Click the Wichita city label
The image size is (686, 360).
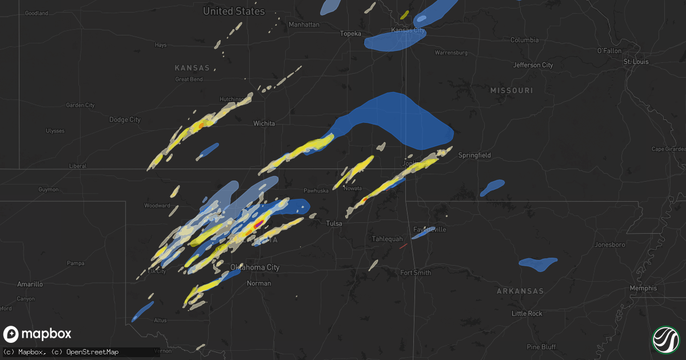click(x=264, y=123)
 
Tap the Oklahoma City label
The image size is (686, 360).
click(x=254, y=267)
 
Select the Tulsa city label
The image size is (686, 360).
click(x=334, y=223)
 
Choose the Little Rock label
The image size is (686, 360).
click(x=527, y=314)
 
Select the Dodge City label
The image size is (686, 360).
click(x=125, y=119)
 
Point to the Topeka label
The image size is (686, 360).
click(x=350, y=34)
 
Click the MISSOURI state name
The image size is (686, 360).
click(x=511, y=91)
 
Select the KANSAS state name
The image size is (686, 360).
click(x=192, y=68)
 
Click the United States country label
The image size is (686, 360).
click(x=234, y=11)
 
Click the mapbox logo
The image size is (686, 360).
click(x=38, y=334)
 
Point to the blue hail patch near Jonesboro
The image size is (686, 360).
click(x=537, y=263)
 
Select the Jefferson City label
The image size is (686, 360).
click(x=533, y=65)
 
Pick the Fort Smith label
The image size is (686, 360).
click(x=416, y=273)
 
